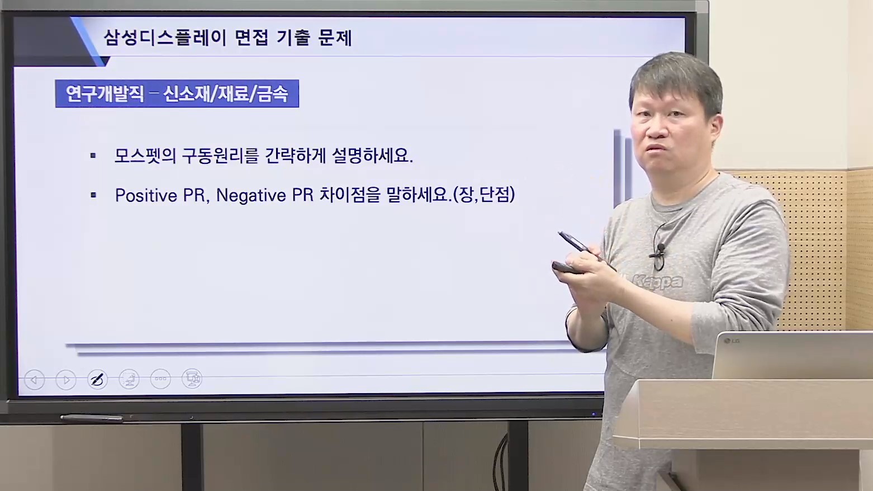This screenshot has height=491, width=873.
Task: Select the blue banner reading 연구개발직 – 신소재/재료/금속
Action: [x=177, y=93]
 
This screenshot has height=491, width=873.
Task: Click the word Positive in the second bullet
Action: [x=146, y=195]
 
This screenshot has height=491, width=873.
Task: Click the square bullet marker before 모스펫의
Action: [x=93, y=156]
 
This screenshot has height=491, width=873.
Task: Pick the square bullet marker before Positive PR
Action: [x=93, y=195]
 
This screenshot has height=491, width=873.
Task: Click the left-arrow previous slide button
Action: [x=34, y=380]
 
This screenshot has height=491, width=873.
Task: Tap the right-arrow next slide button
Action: [x=66, y=380]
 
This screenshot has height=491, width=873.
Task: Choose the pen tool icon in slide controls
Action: [x=97, y=379]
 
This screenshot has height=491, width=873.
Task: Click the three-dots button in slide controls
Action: [x=160, y=379]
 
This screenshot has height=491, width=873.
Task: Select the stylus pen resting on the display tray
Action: [x=92, y=418]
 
